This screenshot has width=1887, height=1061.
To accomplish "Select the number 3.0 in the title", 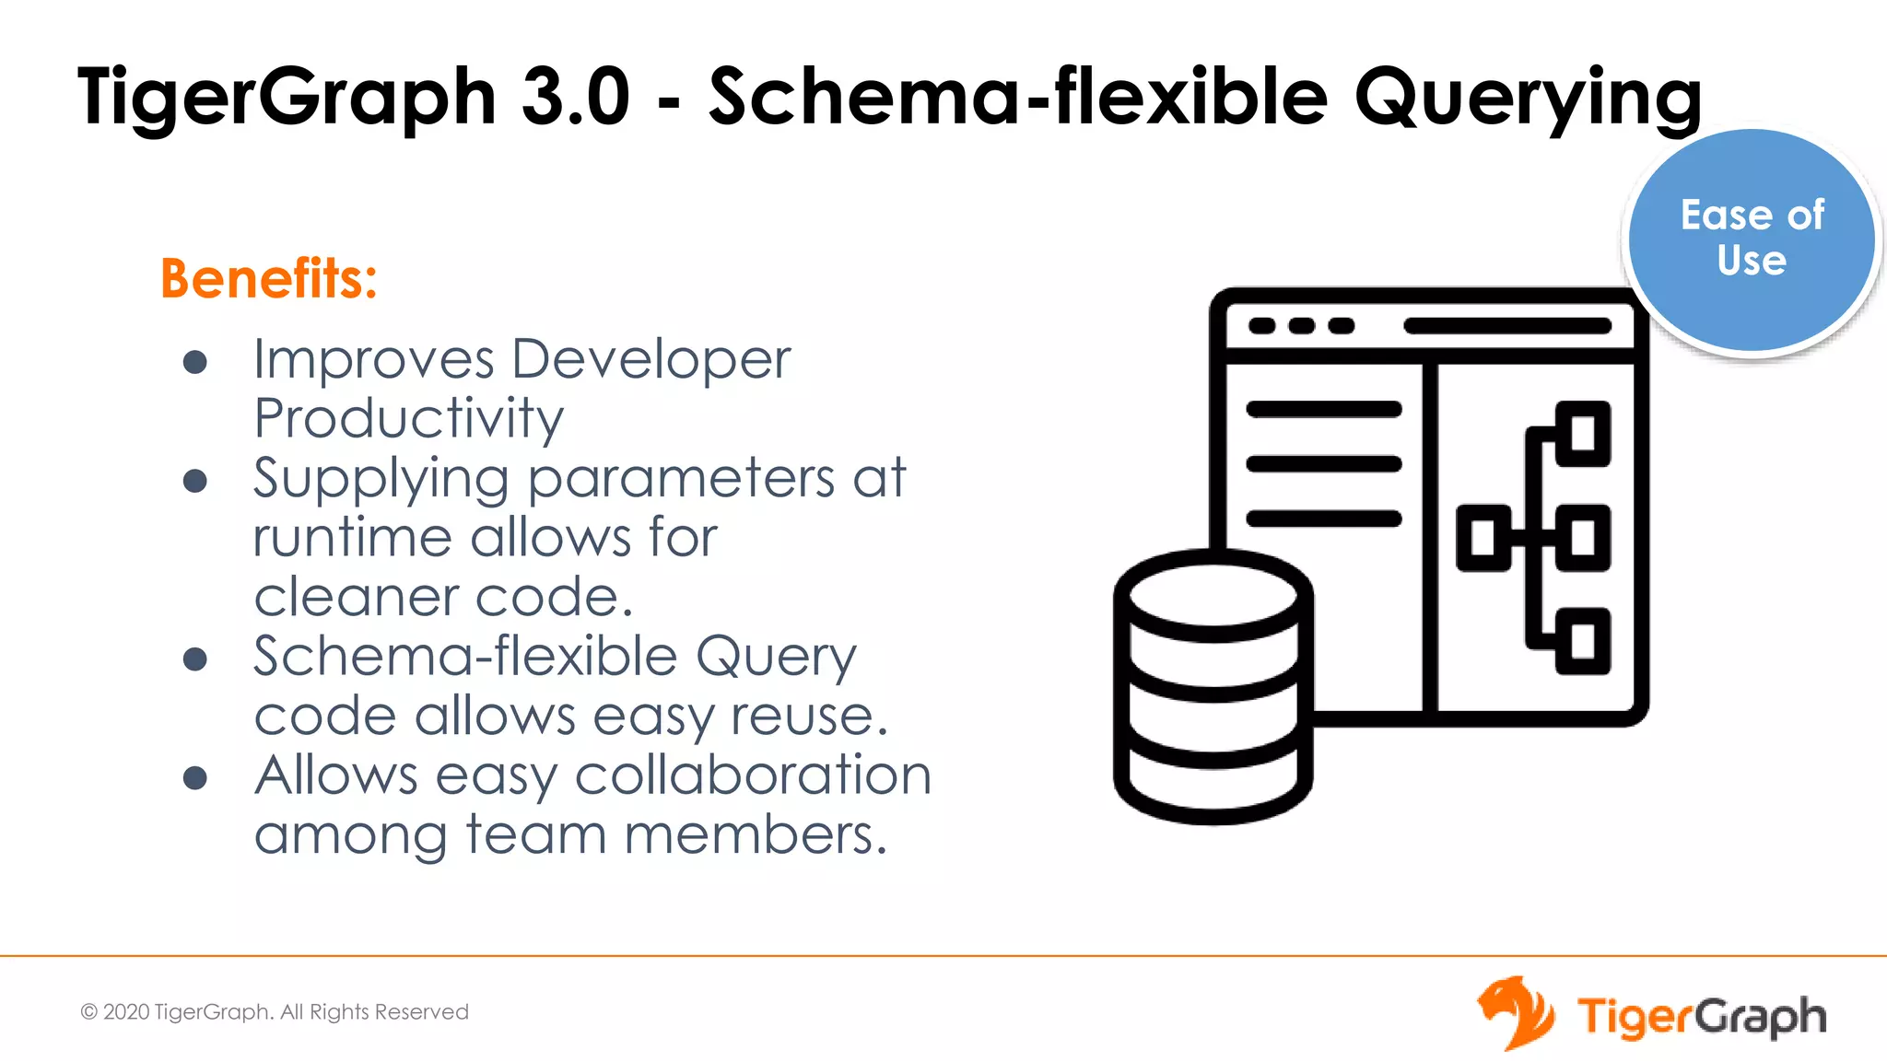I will tap(575, 96).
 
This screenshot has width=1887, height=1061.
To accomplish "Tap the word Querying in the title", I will tap(1528, 98).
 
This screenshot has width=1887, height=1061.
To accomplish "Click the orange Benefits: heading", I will tap(269, 278).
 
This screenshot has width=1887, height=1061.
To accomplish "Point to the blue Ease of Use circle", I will tap(1751, 239).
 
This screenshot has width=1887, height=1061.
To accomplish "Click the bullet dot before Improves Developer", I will tap(194, 362).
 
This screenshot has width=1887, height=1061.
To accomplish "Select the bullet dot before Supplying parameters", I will tap(194, 481).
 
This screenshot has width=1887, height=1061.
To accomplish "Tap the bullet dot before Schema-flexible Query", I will tap(194, 659).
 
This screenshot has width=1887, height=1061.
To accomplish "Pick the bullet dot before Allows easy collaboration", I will tap(194, 778).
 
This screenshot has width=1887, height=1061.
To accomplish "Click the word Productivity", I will tap(408, 419).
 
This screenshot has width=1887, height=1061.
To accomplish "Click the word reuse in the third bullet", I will tap(807, 716).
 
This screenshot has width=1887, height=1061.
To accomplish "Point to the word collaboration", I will tap(753, 775).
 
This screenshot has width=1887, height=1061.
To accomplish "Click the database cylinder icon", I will tap(1213, 686).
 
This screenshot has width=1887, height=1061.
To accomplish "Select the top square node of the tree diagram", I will tap(1583, 434).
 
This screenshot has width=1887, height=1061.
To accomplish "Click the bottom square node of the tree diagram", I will tap(1583, 641).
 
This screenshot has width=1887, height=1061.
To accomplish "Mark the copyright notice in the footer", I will tap(275, 1012).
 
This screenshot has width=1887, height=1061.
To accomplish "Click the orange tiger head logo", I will tap(1515, 1012).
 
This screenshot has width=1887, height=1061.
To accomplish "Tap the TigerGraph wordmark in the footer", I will tap(1701, 1017).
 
